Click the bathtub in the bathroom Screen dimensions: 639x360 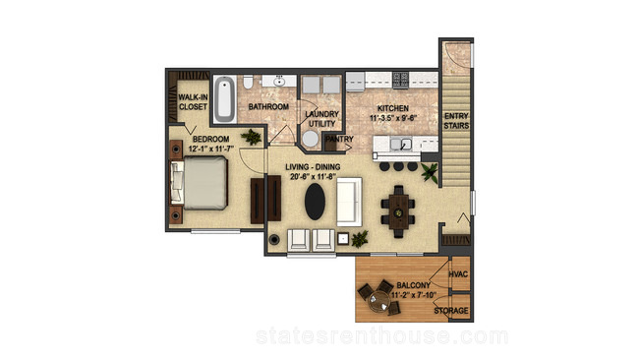[224, 99]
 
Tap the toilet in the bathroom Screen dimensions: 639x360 [248, 82]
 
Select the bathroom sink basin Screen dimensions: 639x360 [279, 82]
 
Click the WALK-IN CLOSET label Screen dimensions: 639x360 [193, 102]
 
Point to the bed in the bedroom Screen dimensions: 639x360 [199, 183]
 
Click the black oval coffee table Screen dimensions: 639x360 [315, 202]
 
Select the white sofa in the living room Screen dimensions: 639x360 [349, 202]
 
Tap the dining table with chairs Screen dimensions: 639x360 [398, 211]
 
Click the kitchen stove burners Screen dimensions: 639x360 [400, 80]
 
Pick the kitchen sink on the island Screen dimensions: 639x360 [400, 144]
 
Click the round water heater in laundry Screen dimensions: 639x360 [311, 139]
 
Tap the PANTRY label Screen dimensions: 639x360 [339, 139]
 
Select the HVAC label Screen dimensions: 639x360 [458, 274]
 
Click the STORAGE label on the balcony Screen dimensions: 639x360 [450, 311]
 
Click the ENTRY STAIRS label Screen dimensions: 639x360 [456, 121]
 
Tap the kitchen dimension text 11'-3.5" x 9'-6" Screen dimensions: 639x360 [393, 118]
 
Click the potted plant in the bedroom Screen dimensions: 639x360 [251, 137]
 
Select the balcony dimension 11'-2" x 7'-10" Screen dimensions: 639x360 [413, 295]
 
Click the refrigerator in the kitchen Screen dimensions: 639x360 [355, 82]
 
